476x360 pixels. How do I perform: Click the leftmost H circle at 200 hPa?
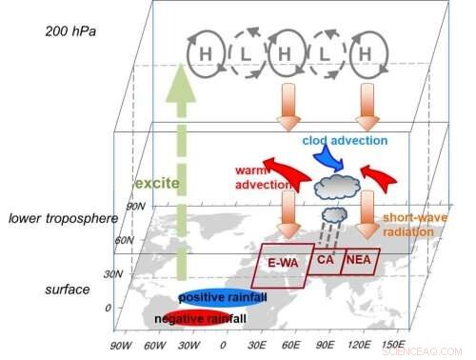[x=205, y=56]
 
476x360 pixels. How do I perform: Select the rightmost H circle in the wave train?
[x=363, y=56]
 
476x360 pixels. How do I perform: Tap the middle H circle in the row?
[x=284, y=56]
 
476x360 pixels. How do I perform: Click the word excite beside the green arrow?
[x=153, y=182]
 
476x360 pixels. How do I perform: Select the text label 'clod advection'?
[x=345, y=140]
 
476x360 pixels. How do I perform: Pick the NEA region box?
[x=360, y=258]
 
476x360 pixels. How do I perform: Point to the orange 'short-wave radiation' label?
[x=414, y=225]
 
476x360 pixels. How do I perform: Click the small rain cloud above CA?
[x=335, y=213]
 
